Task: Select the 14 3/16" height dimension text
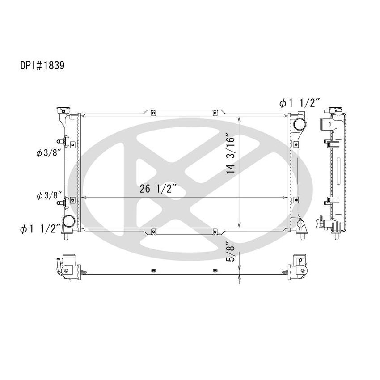[230, 152]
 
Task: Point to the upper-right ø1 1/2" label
[299, 104]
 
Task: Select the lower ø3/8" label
[48, 195]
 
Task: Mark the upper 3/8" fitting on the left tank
[63, 143]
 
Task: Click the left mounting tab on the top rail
[153, 113]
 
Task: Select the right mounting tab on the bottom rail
[215, 231]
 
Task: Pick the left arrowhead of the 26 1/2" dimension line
[82, 198]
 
